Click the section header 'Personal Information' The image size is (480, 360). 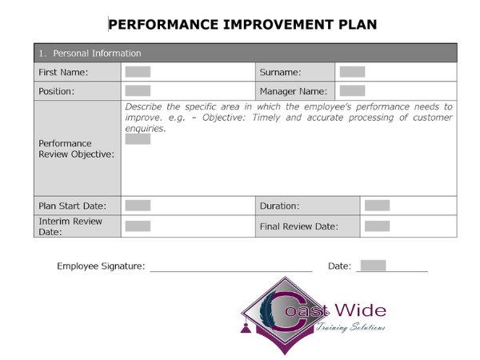95,53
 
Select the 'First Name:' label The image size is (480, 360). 63,72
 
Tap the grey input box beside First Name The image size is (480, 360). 138,72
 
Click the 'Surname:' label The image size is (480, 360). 280,72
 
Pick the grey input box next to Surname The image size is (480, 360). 352,72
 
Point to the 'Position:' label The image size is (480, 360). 56,91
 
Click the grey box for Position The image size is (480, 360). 138,91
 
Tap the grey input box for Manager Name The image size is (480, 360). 352,91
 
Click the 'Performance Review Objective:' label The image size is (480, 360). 76,149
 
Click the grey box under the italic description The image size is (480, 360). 138,139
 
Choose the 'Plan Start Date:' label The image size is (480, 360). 72,206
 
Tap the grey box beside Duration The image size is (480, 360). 377,206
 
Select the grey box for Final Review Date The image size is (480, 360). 377,226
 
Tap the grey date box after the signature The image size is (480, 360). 373,266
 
